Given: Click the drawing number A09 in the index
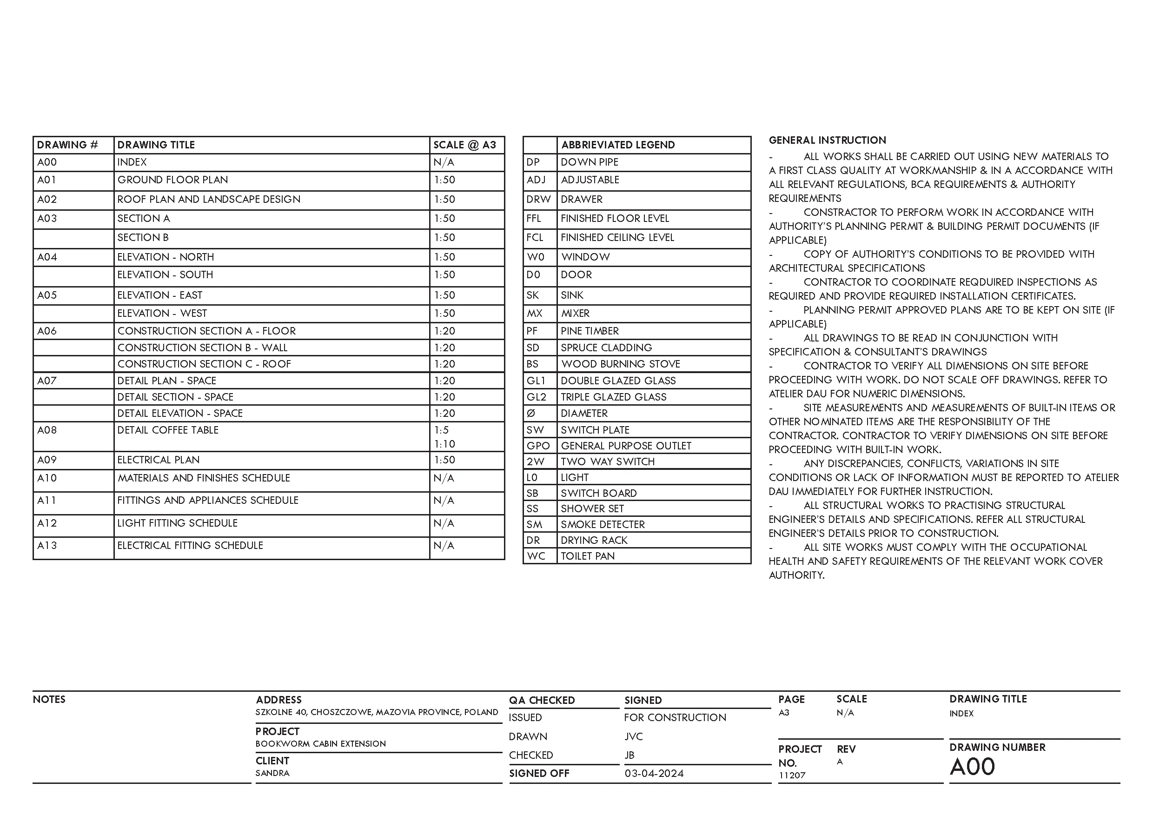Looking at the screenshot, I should click(x=47, y=460).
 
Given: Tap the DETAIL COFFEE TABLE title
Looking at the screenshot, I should click(x=168, y=430).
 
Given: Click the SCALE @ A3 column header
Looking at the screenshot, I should click(x=464, y=145).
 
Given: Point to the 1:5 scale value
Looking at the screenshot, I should click(x=441, y=430).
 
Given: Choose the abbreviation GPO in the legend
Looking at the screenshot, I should click(x=538, y=446).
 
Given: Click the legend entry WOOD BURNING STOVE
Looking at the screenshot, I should click(x=621, y=364).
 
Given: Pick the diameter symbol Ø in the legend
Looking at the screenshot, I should click(x=531, y=413).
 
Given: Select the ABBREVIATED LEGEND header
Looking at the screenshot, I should click(x=618, y=145).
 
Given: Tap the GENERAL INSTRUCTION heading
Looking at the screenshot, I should click(x=827, y=140).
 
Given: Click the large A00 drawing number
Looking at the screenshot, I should click(x=972, y=767).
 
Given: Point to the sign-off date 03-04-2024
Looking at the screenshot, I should click(x=654, y=773).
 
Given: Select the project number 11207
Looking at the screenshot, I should click(x=792, y=776).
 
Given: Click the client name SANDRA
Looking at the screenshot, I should click(x=272, y=773).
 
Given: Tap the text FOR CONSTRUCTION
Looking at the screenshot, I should click(x=675, y=717).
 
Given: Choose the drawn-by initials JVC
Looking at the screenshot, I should click(x=633, y=736).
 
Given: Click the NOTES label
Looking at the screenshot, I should click(x=49, y=699).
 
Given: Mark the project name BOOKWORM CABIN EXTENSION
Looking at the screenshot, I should click(x=320, y=743).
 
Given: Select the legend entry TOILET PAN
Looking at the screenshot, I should click(x=588, y=556).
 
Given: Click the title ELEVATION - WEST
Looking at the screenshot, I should click(x=162, y=314).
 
